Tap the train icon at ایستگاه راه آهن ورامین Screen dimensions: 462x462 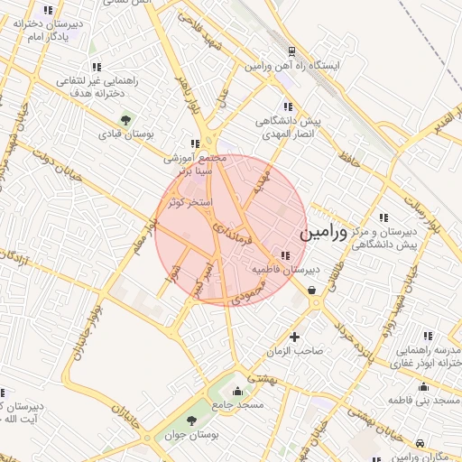(x=291, y=51)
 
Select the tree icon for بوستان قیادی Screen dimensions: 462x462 (x=125, y=119)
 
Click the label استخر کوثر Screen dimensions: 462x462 (x=190, y=203)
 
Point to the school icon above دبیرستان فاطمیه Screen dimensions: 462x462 (x=286, y=255)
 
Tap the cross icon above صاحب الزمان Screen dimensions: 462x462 (x=294, y=337)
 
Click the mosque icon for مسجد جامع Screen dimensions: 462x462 (x=237, y=391)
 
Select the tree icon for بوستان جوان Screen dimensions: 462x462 (x=190, y=420)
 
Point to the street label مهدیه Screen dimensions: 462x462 (x=262, y=183)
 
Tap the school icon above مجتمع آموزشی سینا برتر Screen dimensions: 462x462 (x=195, y=143)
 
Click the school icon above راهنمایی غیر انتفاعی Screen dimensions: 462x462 (x=97, y=67)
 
